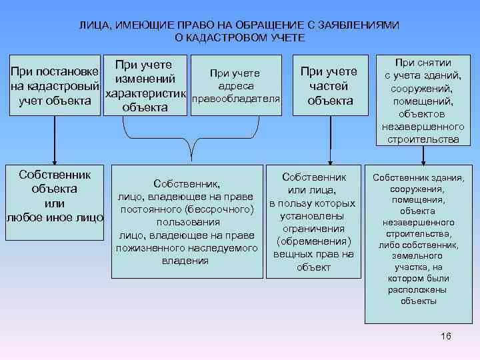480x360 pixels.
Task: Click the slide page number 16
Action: [446, 336]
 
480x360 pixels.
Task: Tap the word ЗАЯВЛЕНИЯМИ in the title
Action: [365, 25]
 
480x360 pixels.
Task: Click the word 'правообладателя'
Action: [235, 99]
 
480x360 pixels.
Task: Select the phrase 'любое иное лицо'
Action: [55, 217]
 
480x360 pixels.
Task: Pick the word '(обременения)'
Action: [313, 241]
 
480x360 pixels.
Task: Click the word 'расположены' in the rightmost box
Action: [419, 290]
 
